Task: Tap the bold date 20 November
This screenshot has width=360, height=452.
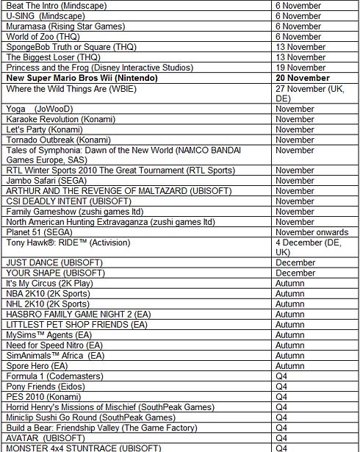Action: point(303,78)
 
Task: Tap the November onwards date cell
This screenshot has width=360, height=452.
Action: point(312,232)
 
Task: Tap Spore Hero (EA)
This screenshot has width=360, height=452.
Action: point(37,366)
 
